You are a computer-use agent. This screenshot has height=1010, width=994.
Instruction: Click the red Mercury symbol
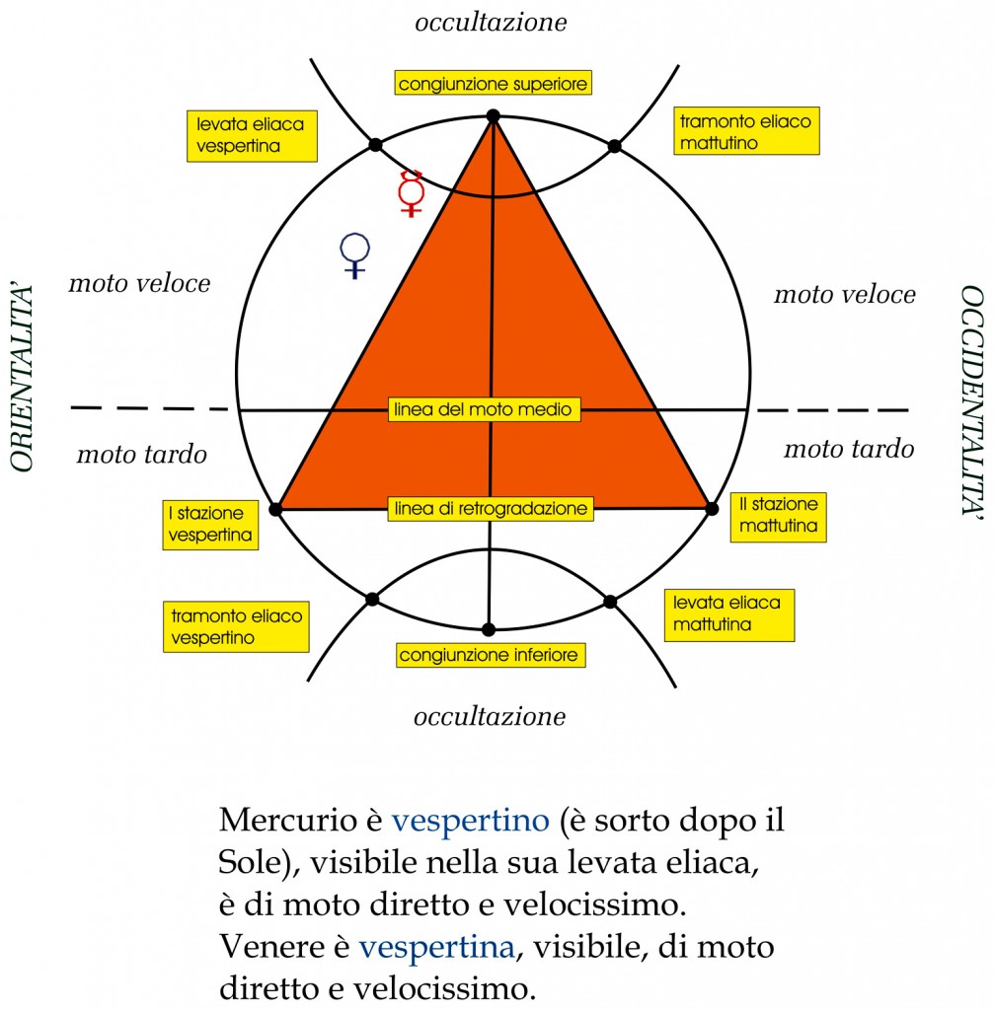(x=412, y=193)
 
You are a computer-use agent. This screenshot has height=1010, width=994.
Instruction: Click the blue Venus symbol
(x=354, y=255)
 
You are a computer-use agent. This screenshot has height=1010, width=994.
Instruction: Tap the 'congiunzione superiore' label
(x=494, y=83)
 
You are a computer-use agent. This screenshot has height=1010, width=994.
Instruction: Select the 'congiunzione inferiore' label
(x=491, y=655)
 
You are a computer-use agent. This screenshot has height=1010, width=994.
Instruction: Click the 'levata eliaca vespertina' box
(x=252, y=136)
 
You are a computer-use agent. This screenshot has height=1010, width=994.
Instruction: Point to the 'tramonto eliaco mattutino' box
(x=746, y=131)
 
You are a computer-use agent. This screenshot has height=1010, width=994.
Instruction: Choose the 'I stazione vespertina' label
(x=210, y=525)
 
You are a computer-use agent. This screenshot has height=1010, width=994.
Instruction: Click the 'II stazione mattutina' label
(x=778, y=517)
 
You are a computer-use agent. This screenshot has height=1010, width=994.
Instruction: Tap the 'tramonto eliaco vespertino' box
(x=236, y=626)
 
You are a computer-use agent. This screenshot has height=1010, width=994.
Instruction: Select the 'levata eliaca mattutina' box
(x=729, y=615)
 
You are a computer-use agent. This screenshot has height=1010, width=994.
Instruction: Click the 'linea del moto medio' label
(x=484, y=409)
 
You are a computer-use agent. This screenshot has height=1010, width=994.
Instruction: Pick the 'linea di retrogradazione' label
(x=491, y=509)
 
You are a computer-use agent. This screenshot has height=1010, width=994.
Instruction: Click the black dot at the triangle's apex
(x=494, y=116)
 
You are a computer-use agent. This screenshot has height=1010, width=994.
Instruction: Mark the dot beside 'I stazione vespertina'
(x=275, y=510)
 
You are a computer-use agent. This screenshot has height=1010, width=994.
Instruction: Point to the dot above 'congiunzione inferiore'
(x=489, y=629)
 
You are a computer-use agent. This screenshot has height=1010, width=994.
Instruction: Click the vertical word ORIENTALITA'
(x=22, y=377)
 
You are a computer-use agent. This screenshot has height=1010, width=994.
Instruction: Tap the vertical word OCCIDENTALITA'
(x=972, y=400)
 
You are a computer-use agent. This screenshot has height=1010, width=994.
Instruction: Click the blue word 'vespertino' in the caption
(x=470, y=821)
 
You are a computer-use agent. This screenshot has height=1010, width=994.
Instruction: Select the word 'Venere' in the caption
(x=270, y=947)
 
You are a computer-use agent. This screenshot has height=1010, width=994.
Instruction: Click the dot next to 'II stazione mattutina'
(x=712, y=509)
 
